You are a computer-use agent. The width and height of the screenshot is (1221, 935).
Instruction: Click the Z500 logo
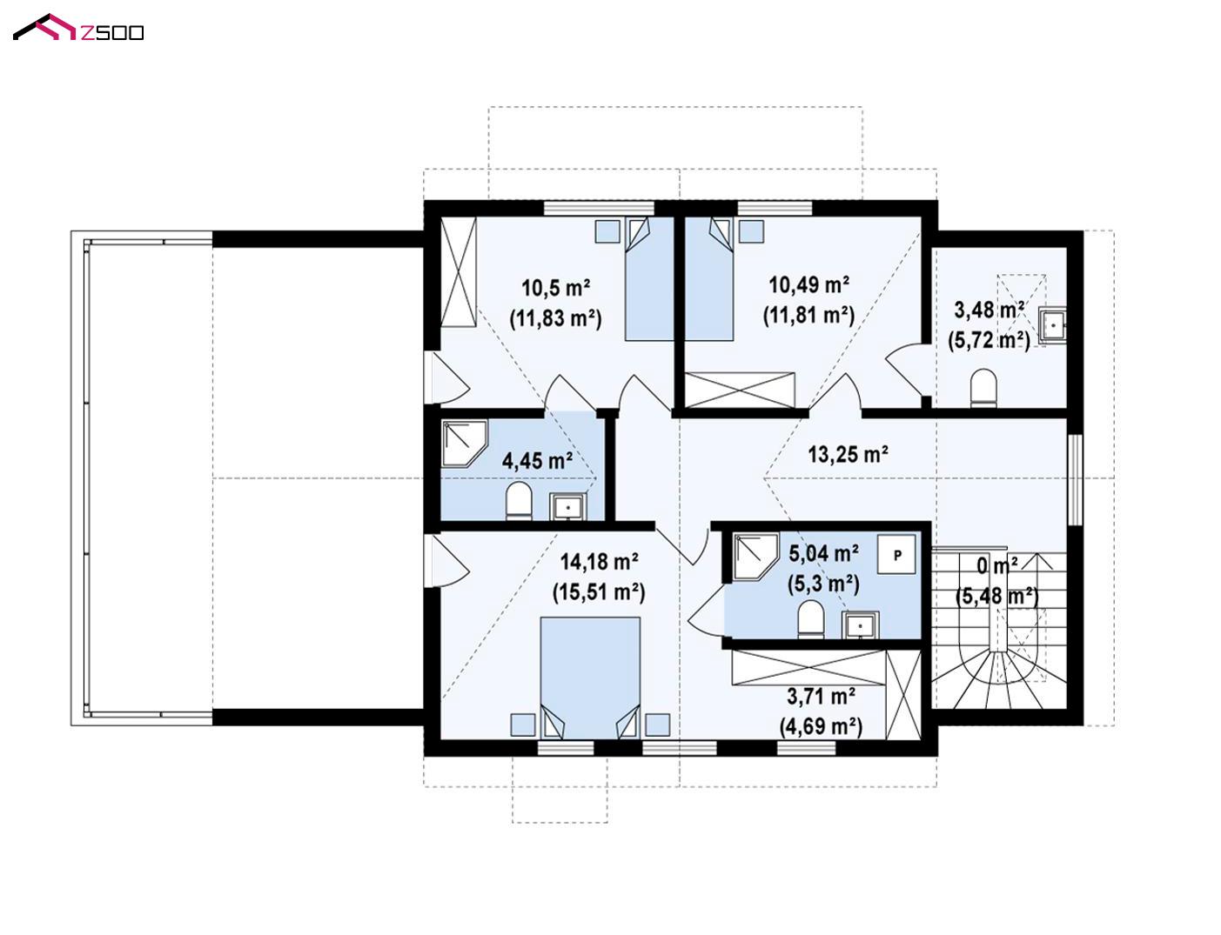point(78,28)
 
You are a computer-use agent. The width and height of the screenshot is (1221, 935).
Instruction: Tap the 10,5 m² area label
point(556,289)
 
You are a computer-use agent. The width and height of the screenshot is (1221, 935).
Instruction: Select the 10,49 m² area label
point(808,285)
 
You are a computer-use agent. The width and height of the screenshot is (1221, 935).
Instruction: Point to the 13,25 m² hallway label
point(848,454)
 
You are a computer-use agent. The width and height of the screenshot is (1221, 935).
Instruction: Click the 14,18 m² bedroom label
point(599,561)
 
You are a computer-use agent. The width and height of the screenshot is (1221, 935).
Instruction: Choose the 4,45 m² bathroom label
point(537,461)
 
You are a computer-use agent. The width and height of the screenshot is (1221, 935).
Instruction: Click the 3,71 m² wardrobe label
point(821,697)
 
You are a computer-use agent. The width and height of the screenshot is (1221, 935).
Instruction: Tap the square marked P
point(896,555)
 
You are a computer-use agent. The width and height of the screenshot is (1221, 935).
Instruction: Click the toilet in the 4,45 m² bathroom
point(519,501)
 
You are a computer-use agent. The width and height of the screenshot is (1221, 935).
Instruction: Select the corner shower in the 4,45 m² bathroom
point(464,443)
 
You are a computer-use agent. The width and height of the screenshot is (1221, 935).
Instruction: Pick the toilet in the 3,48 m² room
point(983,387)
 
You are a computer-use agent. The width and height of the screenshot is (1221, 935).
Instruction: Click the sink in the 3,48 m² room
point(1052,324)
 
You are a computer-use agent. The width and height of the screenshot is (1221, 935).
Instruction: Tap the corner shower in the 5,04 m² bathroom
point(756,556)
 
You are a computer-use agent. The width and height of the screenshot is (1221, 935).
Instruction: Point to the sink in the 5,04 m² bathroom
point(860,625)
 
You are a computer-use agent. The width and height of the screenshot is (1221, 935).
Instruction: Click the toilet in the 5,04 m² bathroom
point(810,619)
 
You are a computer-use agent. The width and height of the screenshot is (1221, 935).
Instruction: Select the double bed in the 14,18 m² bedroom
point(590,678)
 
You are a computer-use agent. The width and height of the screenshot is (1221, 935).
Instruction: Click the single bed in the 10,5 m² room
point(649,279)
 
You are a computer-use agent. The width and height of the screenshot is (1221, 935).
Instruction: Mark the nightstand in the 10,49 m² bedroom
point(751,231)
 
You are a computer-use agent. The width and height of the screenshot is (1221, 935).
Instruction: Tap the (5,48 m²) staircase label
point(996,597)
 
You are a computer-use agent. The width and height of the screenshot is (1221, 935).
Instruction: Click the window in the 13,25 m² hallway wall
point(1074,479)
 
